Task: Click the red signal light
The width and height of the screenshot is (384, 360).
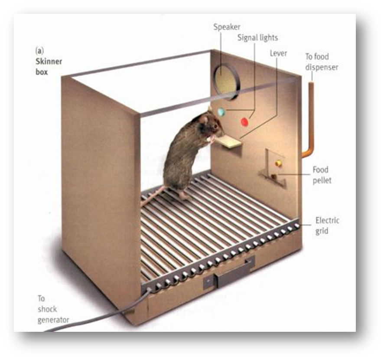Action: tap(244, 122)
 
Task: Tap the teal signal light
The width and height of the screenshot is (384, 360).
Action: tap(221, 112)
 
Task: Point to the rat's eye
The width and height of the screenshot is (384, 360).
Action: tap(215, 126)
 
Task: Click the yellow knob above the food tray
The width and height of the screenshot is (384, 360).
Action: tap(278, 163)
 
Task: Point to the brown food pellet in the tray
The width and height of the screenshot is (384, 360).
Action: tap(274, 176)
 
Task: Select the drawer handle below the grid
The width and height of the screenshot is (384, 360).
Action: tap(234, 274)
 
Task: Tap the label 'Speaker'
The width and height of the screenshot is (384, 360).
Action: tap(227, 27)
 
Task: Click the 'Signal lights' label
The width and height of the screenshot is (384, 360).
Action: tap(257, 38)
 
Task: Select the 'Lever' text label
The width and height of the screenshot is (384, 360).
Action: tap(278, 53)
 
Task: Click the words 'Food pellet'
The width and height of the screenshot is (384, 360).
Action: tap(322, 175)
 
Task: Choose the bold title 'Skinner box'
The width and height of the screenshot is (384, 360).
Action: tap(49, 66)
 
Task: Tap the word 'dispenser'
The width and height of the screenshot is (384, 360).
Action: tap(322, 67)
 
